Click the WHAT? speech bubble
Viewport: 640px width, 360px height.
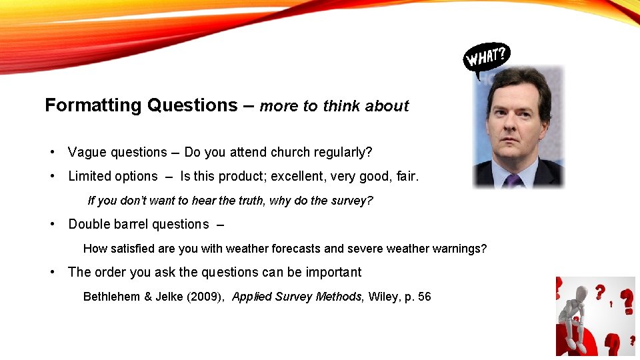point(487,57)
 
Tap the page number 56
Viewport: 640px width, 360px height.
point(424,297)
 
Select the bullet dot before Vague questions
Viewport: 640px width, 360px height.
point(53,152)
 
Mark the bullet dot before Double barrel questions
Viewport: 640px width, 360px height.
point(53,224)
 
